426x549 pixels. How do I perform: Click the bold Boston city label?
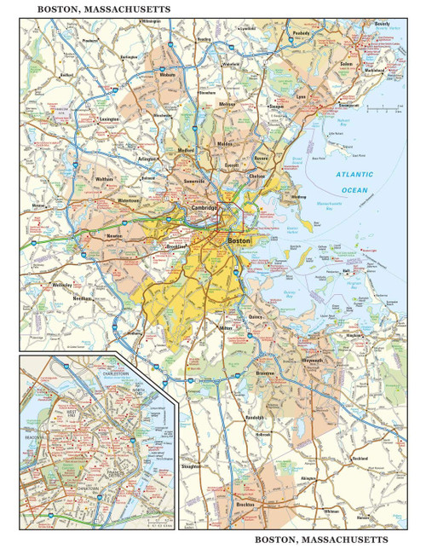click(240, 242)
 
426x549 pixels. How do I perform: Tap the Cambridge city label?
click(204, 207)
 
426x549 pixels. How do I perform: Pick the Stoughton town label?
click(193, 467)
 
